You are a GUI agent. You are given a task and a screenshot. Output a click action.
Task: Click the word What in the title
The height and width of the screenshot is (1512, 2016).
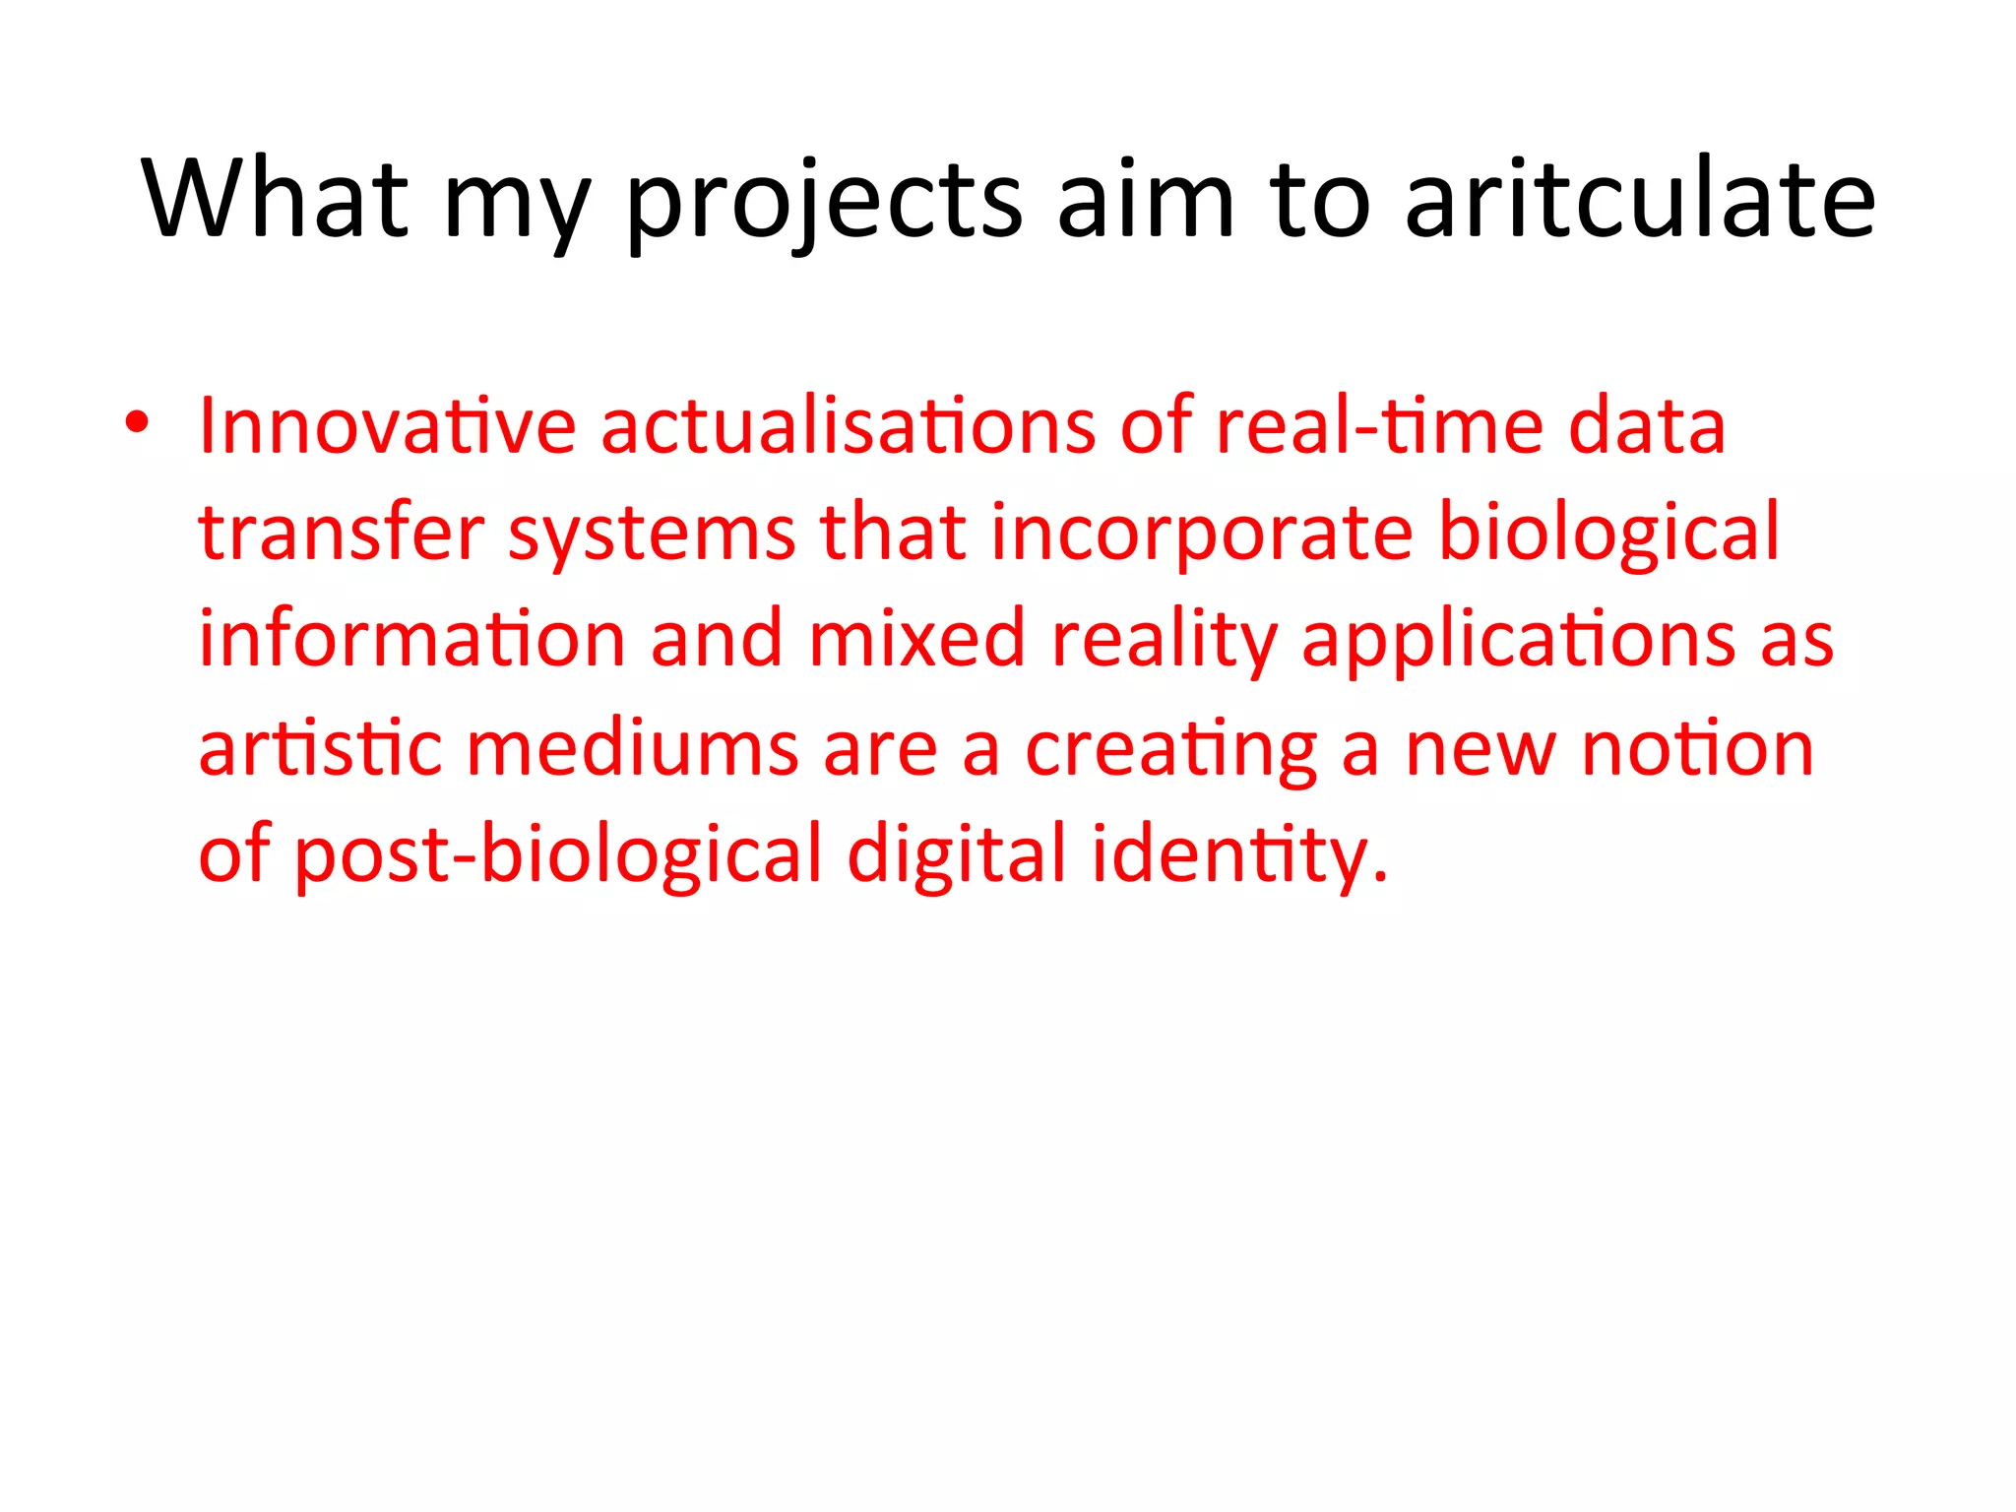click(x=275, y=199)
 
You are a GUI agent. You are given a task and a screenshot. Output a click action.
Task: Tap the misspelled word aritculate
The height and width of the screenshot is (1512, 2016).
click(x=1640, y=199)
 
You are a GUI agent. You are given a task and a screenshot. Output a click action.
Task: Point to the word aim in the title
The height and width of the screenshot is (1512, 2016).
click(x=1146, y=199)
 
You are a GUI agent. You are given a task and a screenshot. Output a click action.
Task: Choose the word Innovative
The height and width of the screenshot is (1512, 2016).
click(x=387, y=426)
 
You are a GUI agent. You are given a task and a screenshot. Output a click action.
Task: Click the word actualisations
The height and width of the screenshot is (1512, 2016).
click(x=848, y=426)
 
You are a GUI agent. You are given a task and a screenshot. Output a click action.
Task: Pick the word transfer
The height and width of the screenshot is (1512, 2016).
click(x=342, y=533)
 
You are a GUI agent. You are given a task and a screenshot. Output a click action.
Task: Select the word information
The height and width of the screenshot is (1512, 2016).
click(x=411, y=639)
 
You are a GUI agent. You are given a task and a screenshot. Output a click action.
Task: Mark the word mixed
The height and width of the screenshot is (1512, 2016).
click(x=917, y=639)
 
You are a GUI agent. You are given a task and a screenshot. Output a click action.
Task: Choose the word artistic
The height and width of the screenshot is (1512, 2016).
click(x=320, y=747)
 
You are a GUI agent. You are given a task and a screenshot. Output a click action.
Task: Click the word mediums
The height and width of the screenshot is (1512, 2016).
click(x=632, y=747)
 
